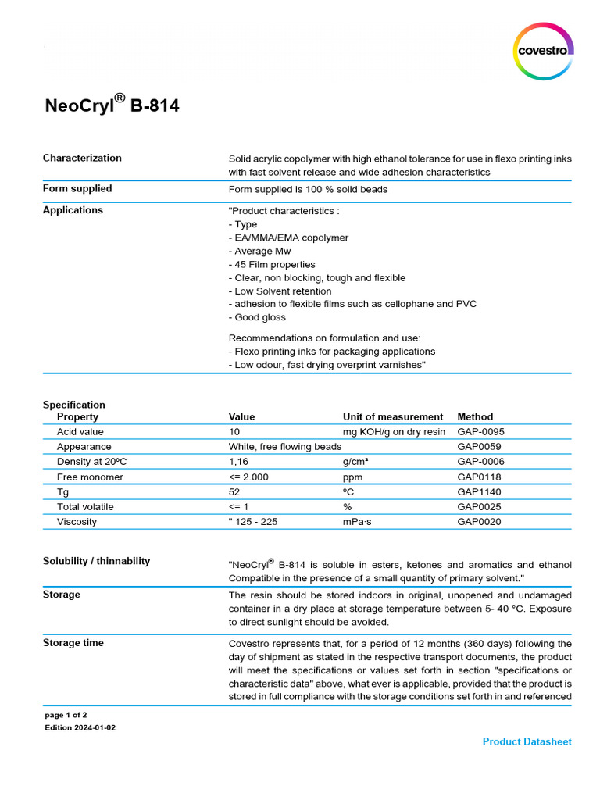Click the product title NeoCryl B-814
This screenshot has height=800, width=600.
click(x=112, y=105)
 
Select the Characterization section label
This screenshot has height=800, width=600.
click(x=82, y=158)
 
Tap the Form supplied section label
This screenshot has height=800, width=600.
click(x=77, y=188)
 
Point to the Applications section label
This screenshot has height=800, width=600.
click(x=73, y=210)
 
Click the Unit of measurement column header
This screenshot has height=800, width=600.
click(x=393, y=416)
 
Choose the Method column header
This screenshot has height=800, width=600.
click(x=475, y=416)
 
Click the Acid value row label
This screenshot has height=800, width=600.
click(x=80, y=431)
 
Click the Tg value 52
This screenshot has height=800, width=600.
click(x=234, y=492)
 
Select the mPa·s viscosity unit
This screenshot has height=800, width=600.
click(x=358, y=522)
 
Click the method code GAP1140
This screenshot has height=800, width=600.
click(x=479, y=492)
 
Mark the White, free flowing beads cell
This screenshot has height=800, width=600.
click(x=285, y=447)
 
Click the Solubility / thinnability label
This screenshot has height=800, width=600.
click(x=96, y=561)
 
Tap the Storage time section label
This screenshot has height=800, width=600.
click(x=73, y=643)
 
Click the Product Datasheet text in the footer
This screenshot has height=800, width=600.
click(x=527, y=741)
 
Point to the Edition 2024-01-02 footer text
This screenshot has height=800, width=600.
click(x=80, y=727)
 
